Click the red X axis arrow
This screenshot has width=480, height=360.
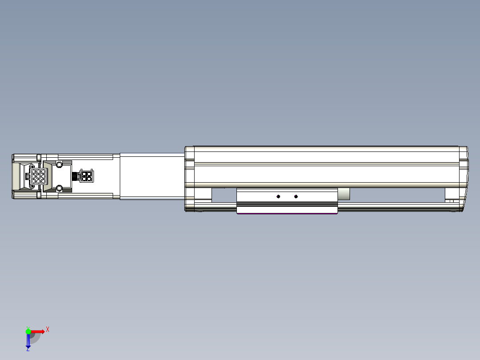coord(38,331)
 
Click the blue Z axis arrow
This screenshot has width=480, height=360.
coord(28,341)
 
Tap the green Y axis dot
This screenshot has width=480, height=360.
coord(28,331)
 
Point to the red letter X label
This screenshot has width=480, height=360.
coord(48,329)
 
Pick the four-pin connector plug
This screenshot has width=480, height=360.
coord(86,176)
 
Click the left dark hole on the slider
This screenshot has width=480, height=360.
coord(278,196)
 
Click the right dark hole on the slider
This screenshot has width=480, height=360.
coord(296,196)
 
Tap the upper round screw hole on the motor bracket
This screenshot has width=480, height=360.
coord(59,165)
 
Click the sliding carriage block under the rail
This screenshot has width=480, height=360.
coord(287,201)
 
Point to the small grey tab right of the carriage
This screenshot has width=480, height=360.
coord(344,194)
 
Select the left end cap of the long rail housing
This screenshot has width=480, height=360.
coord(190,178)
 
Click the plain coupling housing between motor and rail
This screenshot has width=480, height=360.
coord(152,176)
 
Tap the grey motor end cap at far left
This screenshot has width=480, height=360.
coord(15,176)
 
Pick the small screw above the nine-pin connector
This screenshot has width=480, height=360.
coord(32,166)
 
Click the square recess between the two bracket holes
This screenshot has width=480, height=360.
coord(62,176)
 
